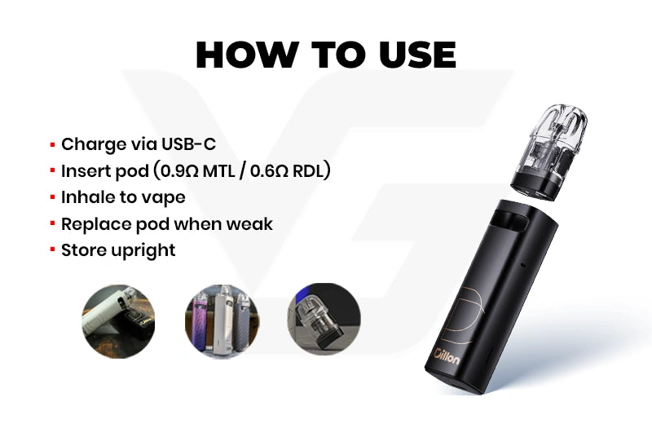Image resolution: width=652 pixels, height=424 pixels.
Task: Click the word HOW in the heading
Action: click(x=246, y=55)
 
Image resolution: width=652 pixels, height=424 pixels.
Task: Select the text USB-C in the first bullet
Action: click(x=188, y=144)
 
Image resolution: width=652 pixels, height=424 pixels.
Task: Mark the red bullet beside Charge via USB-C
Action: click(x=52, y=145)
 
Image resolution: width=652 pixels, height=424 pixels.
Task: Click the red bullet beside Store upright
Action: click(x=52, y=250)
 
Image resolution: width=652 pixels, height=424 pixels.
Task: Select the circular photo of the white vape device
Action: click(x=118, y=320)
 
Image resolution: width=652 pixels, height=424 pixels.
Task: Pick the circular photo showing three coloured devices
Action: click(x=222, y=320)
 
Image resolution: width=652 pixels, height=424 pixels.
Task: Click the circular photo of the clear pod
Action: click(x=324, y=319)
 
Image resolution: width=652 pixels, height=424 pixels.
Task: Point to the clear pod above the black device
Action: click(x=549, y=152)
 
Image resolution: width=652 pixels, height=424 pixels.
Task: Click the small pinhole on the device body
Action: click(x=523, y=264)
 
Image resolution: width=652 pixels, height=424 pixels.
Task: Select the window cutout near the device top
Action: click(x=510, y=220)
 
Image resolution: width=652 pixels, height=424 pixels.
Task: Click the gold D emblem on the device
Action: click(x=464, y=313)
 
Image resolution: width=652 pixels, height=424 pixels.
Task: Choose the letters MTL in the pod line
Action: click(x=218, y=170)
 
